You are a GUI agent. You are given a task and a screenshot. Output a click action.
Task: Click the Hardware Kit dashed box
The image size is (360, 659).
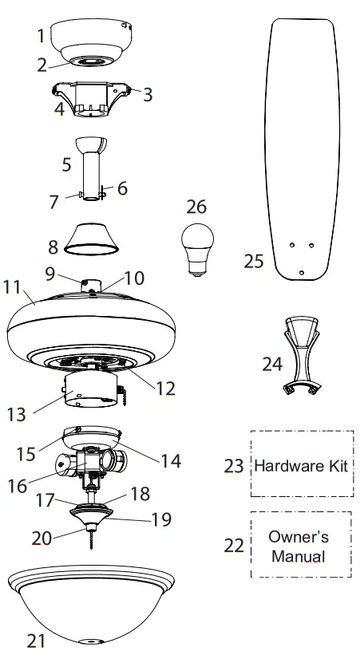[x=302, y=465]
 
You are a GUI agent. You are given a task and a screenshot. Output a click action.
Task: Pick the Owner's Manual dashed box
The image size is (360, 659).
[x=302, y=545]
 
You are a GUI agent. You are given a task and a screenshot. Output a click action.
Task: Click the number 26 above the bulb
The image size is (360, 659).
[x=196, y=207]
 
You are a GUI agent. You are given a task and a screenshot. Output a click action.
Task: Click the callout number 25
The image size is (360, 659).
[x=254, y=261]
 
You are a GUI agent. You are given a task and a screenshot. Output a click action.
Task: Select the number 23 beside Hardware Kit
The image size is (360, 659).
[x=234, y=466]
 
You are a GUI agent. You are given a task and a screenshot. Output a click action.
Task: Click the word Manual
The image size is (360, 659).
[x=298, y=555]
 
